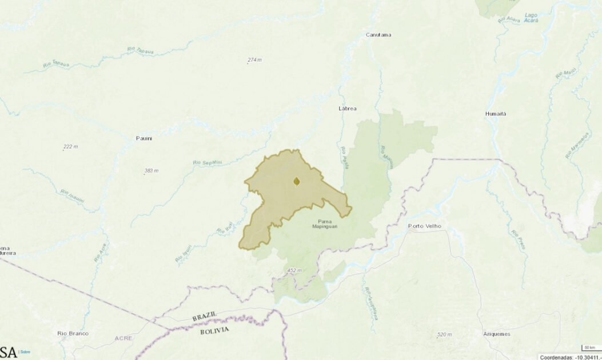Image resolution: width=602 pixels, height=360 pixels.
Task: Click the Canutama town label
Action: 378,35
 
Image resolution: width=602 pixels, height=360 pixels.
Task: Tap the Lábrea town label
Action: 348,109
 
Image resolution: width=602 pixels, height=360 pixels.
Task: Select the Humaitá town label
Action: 496,114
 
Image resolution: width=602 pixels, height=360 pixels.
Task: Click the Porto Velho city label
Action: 425,226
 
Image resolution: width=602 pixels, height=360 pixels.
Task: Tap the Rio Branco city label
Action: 71,333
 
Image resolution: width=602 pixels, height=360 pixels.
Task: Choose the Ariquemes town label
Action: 496,334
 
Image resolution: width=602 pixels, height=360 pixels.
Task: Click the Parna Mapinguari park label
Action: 325,224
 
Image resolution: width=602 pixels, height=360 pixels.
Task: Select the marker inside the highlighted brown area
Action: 297,182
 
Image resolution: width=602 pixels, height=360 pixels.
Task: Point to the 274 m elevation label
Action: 254,60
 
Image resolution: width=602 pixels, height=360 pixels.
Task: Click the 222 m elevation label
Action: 70,147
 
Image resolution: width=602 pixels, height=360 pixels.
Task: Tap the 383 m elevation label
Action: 152,171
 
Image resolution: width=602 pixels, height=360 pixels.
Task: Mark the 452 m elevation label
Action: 294,270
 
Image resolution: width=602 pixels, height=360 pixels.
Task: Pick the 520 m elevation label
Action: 444,334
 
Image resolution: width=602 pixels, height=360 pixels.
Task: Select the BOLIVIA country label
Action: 214,330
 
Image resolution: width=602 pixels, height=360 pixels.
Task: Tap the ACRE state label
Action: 123,338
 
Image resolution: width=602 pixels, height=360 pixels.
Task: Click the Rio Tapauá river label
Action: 56,64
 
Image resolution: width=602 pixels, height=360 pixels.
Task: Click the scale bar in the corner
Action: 589,347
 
